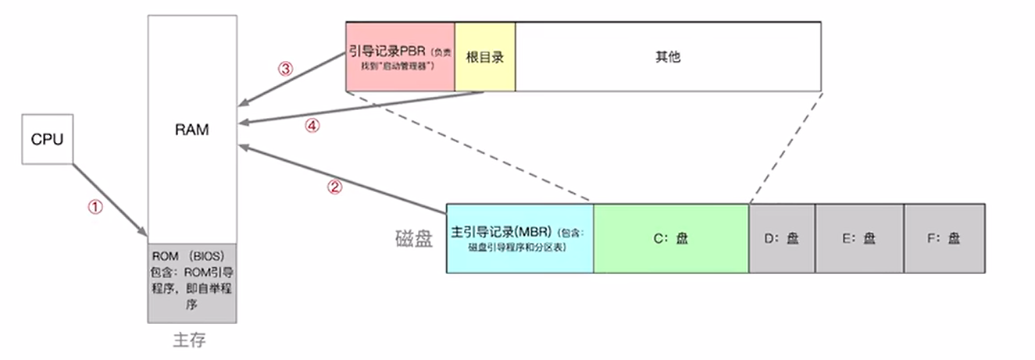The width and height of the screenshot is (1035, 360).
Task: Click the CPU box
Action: pos(46,140)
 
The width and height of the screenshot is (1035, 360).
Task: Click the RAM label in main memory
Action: pos(191,130)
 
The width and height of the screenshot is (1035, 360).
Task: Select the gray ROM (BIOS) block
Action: pos(192,283)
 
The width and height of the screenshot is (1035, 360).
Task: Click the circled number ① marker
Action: pos(95,207)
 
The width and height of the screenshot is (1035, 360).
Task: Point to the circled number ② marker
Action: pos(334,187)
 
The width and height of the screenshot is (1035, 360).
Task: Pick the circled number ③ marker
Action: pos(285,68)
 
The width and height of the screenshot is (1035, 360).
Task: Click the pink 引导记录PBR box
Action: pos(400,57)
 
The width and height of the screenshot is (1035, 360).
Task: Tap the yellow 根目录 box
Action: pos(484,57)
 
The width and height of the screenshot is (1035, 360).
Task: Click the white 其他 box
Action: pos(668,57)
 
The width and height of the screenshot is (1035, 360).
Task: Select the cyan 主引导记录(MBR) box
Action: pos(519,238)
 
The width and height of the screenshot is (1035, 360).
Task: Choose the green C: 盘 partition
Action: pos(671,238)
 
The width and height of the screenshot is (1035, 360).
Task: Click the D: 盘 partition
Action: pos(782,238)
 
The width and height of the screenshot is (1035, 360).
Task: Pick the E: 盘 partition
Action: pos(859,238)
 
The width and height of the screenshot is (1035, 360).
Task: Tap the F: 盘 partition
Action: pos(944,238)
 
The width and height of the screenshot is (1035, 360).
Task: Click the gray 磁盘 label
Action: pos(413,239)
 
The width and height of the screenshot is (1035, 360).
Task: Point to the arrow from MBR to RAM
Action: pos(344,179)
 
